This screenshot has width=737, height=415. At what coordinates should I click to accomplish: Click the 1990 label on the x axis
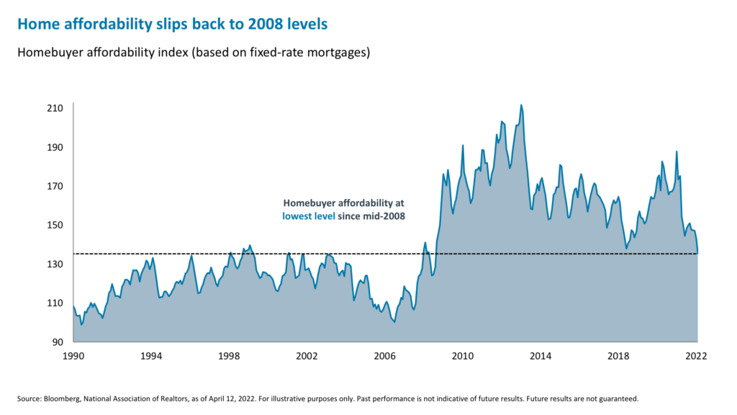(73, 356)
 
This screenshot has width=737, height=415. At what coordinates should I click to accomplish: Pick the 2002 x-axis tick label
(307, 356)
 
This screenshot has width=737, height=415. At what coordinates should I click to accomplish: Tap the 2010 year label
(463, 356)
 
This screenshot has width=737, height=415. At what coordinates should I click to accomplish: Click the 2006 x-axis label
(385, 356)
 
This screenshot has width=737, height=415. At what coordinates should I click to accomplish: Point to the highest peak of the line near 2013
(521, 105)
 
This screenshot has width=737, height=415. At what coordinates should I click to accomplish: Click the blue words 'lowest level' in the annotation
(308, 215)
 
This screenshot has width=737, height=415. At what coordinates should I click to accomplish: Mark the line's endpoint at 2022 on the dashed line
(697, 253)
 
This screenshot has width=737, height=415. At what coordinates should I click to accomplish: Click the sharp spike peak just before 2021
(677, 151)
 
